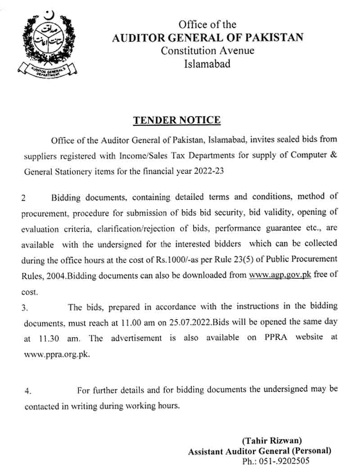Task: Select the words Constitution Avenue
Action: tap(207, 50)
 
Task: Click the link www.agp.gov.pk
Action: tap(280, 275)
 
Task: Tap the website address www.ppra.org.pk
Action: tap(57, 354)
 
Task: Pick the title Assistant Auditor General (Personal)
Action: tap(260, 451)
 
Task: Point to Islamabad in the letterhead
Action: tap(207, 63)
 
